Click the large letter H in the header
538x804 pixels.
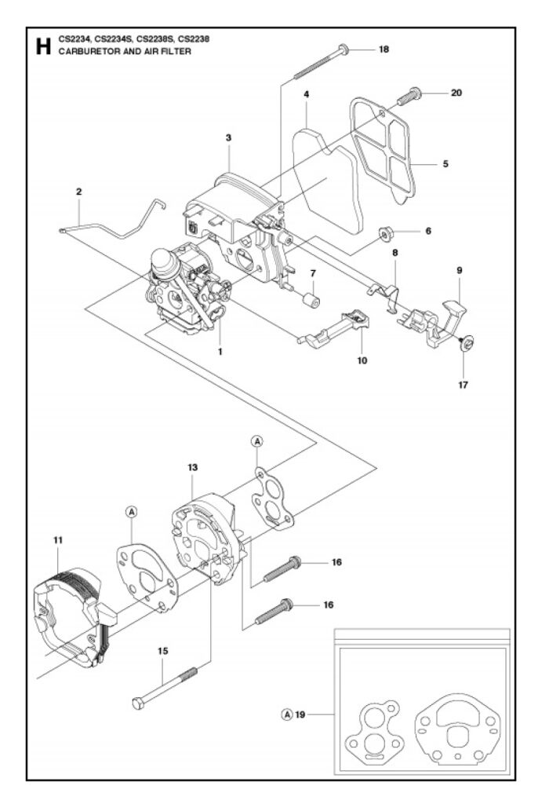(43, 46)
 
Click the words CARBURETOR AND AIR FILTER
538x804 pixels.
(125, 51)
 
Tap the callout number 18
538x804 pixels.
(384, 49)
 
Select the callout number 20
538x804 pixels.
(456, 93)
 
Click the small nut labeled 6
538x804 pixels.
(385, 234)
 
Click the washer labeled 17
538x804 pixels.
(467, 343)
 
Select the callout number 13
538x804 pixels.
(193, 467)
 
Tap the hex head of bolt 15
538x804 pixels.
(137, 703)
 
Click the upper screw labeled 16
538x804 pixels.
(282, 569)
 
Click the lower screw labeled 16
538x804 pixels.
(274, 612)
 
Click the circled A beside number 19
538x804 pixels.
(288, 714)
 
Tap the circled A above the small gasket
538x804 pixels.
(257, 441)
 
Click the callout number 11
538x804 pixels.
(57, 539)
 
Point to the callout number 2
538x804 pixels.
(78, 192)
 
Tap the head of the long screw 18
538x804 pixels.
(344, 49)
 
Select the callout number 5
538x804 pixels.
(445, 164)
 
